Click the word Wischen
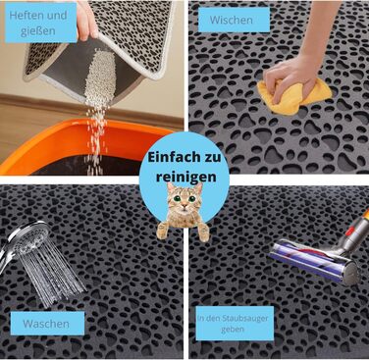(231, 20)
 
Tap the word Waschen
(46, 324)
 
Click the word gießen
(38, 31)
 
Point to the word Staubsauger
(244, 319)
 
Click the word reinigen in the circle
(185, 177)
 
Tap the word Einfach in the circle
(172, 157)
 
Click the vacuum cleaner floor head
(315, 260)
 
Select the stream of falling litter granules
(97, 108)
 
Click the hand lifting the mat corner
(87, 21)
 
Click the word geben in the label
(233, 329)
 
